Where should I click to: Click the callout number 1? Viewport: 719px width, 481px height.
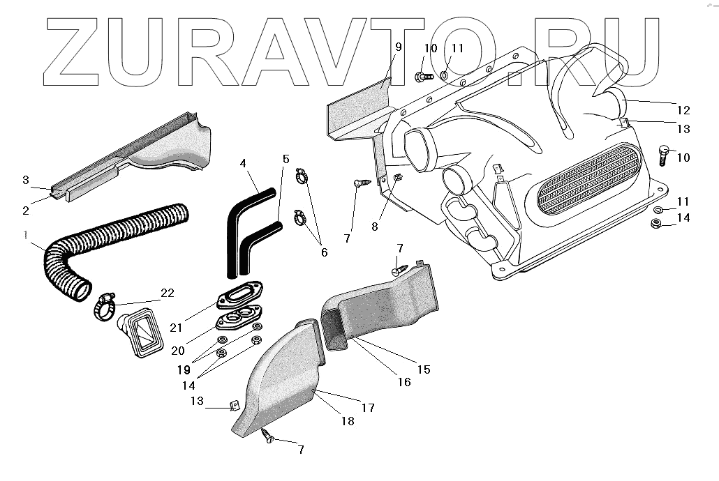point(25,236)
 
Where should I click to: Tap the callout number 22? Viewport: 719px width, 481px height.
point(167,293)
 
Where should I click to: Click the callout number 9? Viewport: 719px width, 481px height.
point(398,47)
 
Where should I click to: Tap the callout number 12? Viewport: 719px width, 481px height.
point(683,109)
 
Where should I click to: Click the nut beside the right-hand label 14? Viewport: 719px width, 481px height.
point(655,224)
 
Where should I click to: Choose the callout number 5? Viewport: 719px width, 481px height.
point(286,159)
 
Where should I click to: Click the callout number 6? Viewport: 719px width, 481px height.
point(324,252)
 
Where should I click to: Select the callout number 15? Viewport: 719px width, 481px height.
point(424,369)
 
